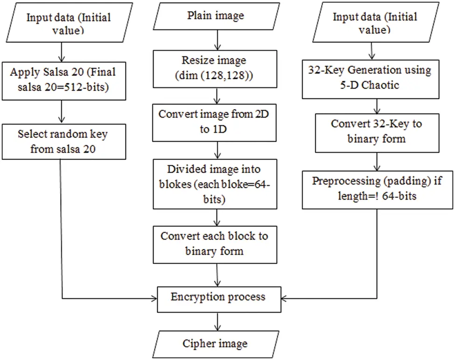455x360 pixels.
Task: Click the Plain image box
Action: click(x=216, y=17)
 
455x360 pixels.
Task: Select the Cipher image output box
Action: click(x=216, y=344)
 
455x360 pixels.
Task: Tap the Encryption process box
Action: click(x=218, y=298)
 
